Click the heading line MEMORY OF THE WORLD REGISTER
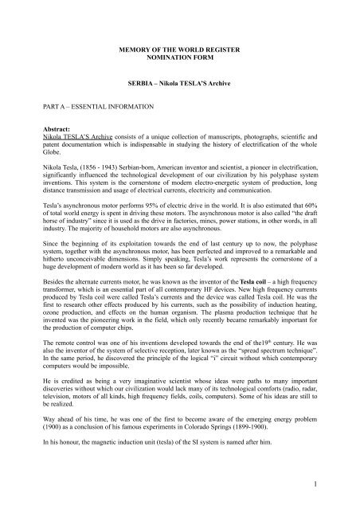click(x=179, y=50)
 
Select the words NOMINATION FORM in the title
click(x=179, y=59)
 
